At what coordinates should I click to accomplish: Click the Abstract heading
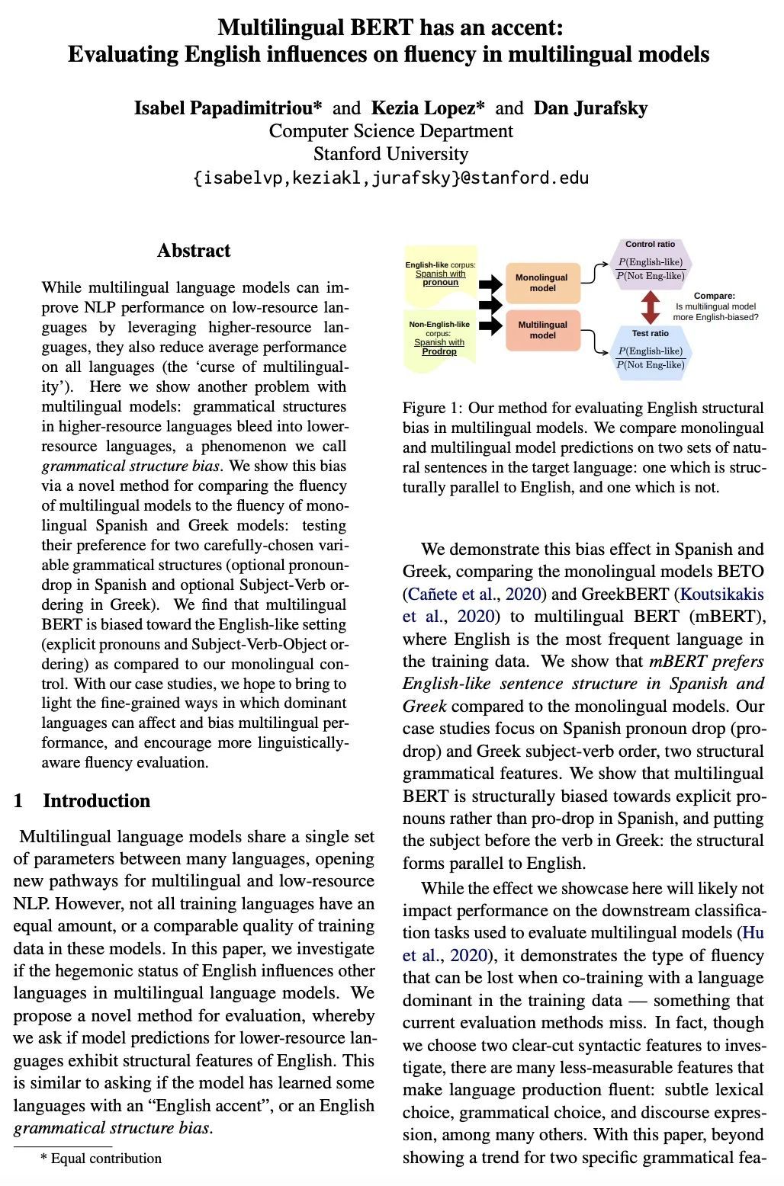(194, 251)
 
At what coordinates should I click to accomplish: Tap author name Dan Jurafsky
(590, 108)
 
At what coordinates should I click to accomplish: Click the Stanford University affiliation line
(390, 154)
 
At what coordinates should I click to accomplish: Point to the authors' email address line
(390, 178)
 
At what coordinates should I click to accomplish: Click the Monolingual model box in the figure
(542, 283)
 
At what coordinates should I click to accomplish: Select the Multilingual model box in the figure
(542, 329)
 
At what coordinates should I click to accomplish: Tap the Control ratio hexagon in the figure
(651, 264)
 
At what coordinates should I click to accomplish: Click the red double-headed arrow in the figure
(651, 307)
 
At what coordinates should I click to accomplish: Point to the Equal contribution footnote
(101, 1159)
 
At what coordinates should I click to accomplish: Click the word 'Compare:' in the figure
(715, 296)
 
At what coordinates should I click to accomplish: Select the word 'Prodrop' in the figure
(439, 351)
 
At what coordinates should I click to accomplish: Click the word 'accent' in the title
(523, 27)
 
